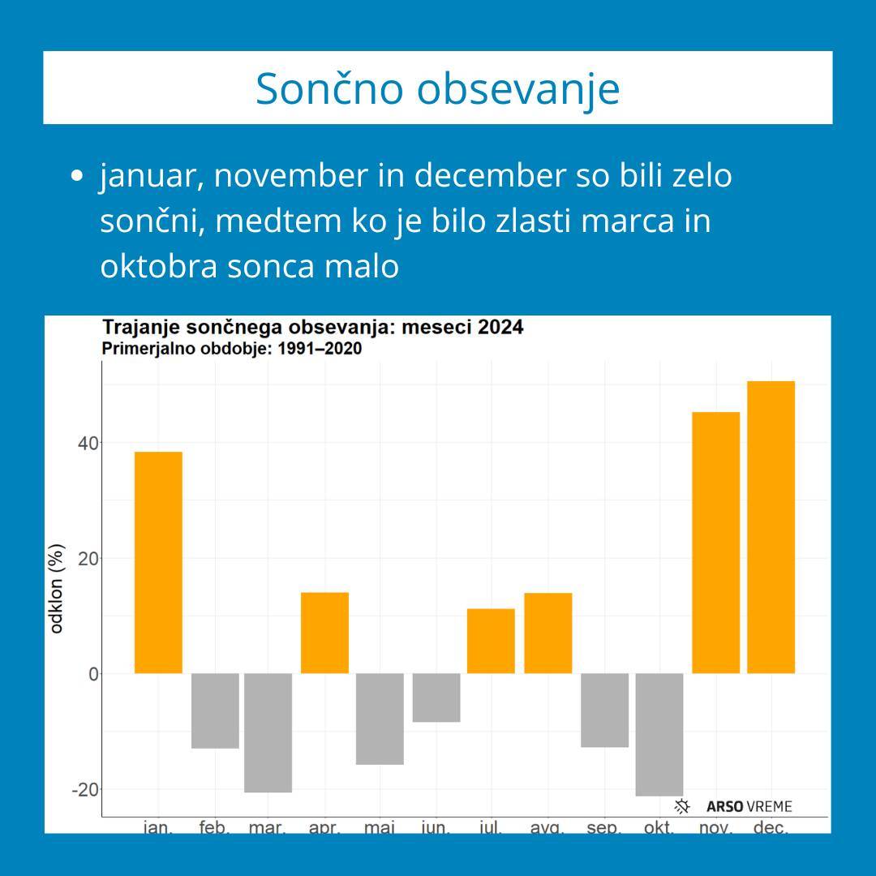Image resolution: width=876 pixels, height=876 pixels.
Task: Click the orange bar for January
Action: point(158,562)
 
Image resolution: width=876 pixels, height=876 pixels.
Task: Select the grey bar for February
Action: point(215,711)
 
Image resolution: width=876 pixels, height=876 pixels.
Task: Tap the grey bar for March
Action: point(268,732)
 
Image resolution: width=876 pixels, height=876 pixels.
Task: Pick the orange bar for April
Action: point(324,633)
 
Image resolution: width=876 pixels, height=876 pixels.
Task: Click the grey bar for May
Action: point(380,719)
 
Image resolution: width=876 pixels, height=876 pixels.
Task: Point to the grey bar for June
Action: point(436,698)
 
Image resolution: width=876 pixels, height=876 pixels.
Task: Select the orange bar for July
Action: point(491,641)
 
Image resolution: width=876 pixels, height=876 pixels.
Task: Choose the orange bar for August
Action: point(547,633)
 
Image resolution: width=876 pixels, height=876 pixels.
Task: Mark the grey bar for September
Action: point(604,710)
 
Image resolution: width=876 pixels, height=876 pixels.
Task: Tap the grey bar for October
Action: point(659,734)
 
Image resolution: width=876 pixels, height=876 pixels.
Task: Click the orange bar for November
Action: point(715,543)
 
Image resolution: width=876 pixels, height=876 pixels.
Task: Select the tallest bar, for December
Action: point(771,527)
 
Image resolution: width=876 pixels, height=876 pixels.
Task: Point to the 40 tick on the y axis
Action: point(88,443)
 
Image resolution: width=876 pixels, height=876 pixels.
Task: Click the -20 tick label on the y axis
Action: point(84,789)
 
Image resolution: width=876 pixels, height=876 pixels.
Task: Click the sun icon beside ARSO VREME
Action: point(682,806)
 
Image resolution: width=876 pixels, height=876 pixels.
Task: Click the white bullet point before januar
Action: point(78,176)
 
